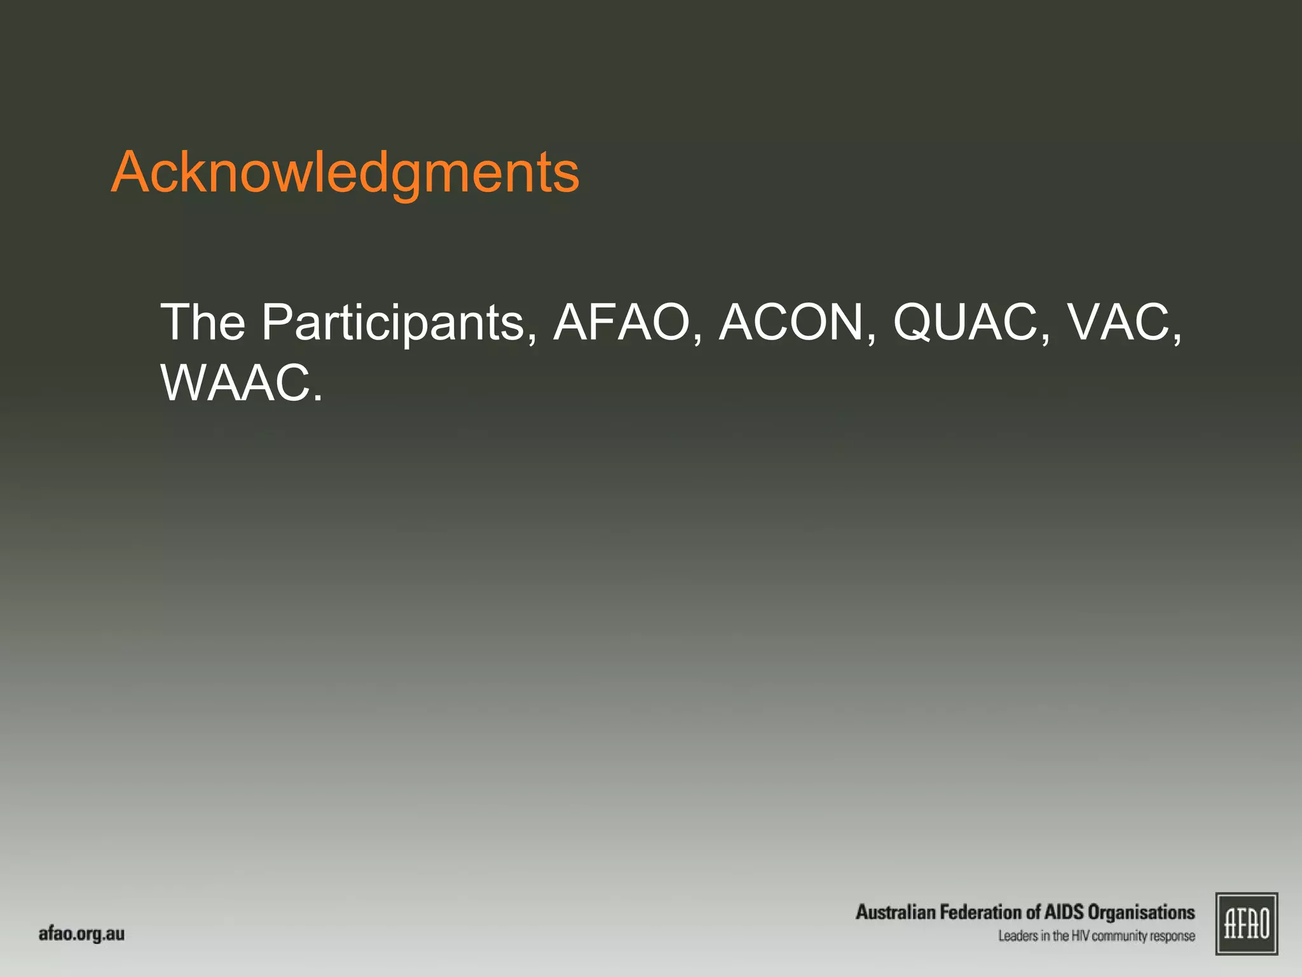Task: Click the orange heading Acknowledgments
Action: tap(345, 173)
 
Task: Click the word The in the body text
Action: tap(203, 322)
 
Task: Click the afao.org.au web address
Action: tap(81, 934)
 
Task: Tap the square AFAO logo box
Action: tap(1247, 924)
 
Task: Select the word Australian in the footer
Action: tap(895, 912)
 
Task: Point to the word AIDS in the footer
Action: tap(1064, 912)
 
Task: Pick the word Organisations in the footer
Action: tap(1141, 913)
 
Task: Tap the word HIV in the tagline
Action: tap(1080, 936)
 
